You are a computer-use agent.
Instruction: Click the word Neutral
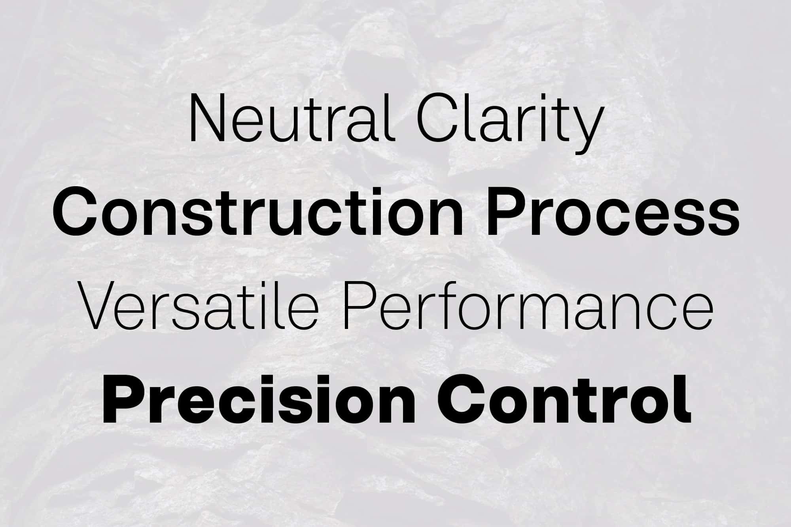click(x=292, y=117)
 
